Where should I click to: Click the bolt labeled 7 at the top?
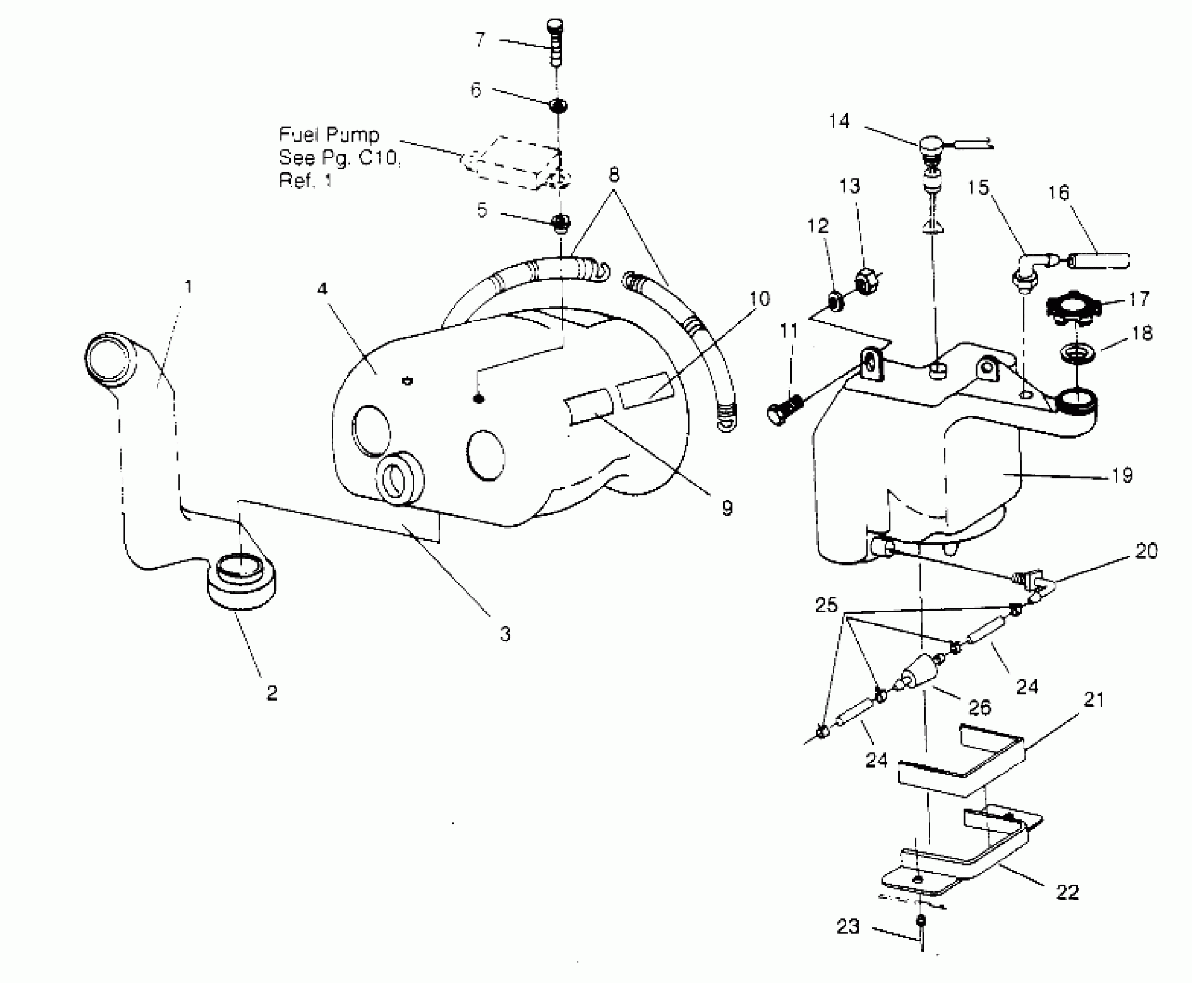[x=555, y=44]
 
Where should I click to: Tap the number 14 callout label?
[x=839, y=121]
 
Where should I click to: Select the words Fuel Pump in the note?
[x=329, y=135]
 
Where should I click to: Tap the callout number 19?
[x=1122, y=475]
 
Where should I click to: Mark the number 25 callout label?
[x=826, y=605]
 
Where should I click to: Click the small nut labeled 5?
[x=560, y=223]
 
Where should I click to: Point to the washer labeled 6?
[x=558, y=106]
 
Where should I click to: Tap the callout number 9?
[x=726, y=508]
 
